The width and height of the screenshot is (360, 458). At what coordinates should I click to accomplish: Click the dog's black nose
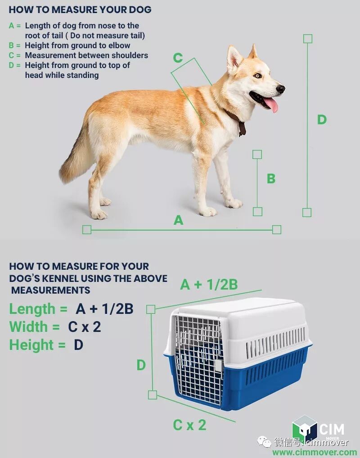(x=280, y=89)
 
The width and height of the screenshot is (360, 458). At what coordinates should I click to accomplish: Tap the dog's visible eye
(x=257, y=76)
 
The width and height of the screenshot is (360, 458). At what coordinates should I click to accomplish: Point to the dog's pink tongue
(x=271, y=105)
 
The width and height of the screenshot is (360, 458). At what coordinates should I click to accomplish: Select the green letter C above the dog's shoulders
(x=178, y=58)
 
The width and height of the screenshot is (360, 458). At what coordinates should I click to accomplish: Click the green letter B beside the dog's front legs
(x=271, y=178)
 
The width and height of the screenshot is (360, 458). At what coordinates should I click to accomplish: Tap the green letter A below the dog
(x=178, y=220)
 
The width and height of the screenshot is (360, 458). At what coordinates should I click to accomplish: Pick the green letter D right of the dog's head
(x=322, y=120)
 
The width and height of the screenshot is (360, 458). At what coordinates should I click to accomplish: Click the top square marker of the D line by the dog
(x=308, y=39)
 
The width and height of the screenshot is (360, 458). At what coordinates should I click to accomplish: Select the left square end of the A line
(x=87, y=230)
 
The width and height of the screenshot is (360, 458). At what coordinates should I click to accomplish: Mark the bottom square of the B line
(x=257, y=212)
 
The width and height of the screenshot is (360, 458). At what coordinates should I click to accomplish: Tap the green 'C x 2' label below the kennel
(x=189, y=425)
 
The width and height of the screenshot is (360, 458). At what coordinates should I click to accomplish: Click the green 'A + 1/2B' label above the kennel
(x=209, y=285)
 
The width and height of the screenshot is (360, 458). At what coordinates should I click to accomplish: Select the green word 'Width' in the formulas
(x=28, y=326)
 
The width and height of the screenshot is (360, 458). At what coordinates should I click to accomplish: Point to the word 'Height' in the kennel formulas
(x=31, y=345)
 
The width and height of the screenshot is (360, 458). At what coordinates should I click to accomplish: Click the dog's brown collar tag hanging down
(x=242, y=129)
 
